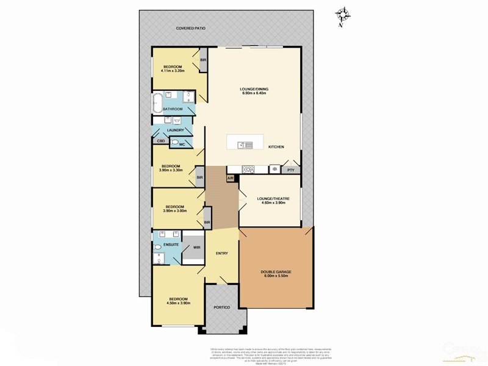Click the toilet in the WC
click(175, 143)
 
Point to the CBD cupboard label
click(161, 141)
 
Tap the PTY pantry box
click(291, 170)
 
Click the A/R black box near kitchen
click(231, 178)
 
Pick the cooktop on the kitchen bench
click(248, 170)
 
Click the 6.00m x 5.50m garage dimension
click(274, 276)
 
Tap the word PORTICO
click(222, 307)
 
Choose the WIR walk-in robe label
click(196, 248)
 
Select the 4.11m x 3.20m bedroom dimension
click(174, 71)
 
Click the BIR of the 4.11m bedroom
click(203, 60)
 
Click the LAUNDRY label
click(176, 130)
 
